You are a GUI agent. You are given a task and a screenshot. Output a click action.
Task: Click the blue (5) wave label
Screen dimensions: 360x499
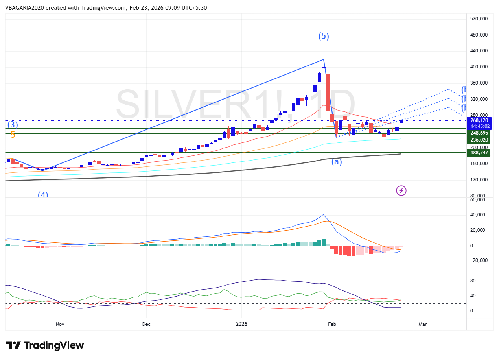[324, 37]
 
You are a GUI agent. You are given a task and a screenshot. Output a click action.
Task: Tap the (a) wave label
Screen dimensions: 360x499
[337, 161]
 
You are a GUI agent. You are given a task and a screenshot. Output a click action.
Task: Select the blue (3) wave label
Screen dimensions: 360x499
[13, 125]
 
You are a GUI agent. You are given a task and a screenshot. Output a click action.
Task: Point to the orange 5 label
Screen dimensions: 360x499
[13, 135]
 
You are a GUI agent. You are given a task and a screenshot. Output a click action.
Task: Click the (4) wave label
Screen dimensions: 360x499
[43, 194]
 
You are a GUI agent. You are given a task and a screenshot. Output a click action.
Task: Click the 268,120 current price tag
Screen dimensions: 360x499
[479, 120]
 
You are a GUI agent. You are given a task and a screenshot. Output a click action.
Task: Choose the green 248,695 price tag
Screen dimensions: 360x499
[479, 133]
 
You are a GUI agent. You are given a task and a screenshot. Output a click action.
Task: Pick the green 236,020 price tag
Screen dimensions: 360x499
[479, 140]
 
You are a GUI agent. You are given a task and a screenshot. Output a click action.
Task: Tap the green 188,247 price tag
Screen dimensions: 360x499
[479, 152]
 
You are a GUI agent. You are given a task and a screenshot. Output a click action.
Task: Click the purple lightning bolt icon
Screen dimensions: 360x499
[401, 191]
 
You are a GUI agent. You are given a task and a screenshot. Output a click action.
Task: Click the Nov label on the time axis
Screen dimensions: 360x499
[60, 324]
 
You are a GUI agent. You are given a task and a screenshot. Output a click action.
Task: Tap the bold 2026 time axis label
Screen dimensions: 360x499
[241, 324]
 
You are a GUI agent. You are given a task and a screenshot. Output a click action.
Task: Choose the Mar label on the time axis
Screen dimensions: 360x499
[423, 324]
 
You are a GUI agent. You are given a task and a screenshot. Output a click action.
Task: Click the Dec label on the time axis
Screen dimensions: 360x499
[146, 324]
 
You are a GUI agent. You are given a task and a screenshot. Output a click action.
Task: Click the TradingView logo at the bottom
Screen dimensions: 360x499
[45, 345]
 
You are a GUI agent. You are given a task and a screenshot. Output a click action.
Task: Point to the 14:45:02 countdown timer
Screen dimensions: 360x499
[479, 126]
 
